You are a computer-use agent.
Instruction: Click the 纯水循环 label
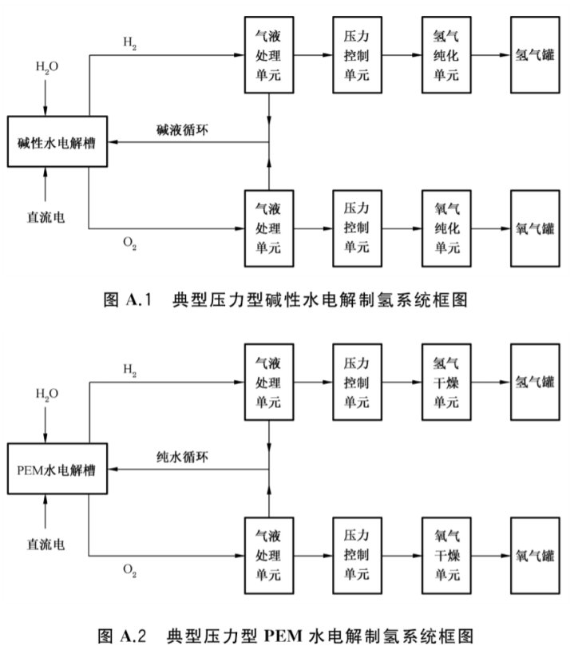click(183, 457)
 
